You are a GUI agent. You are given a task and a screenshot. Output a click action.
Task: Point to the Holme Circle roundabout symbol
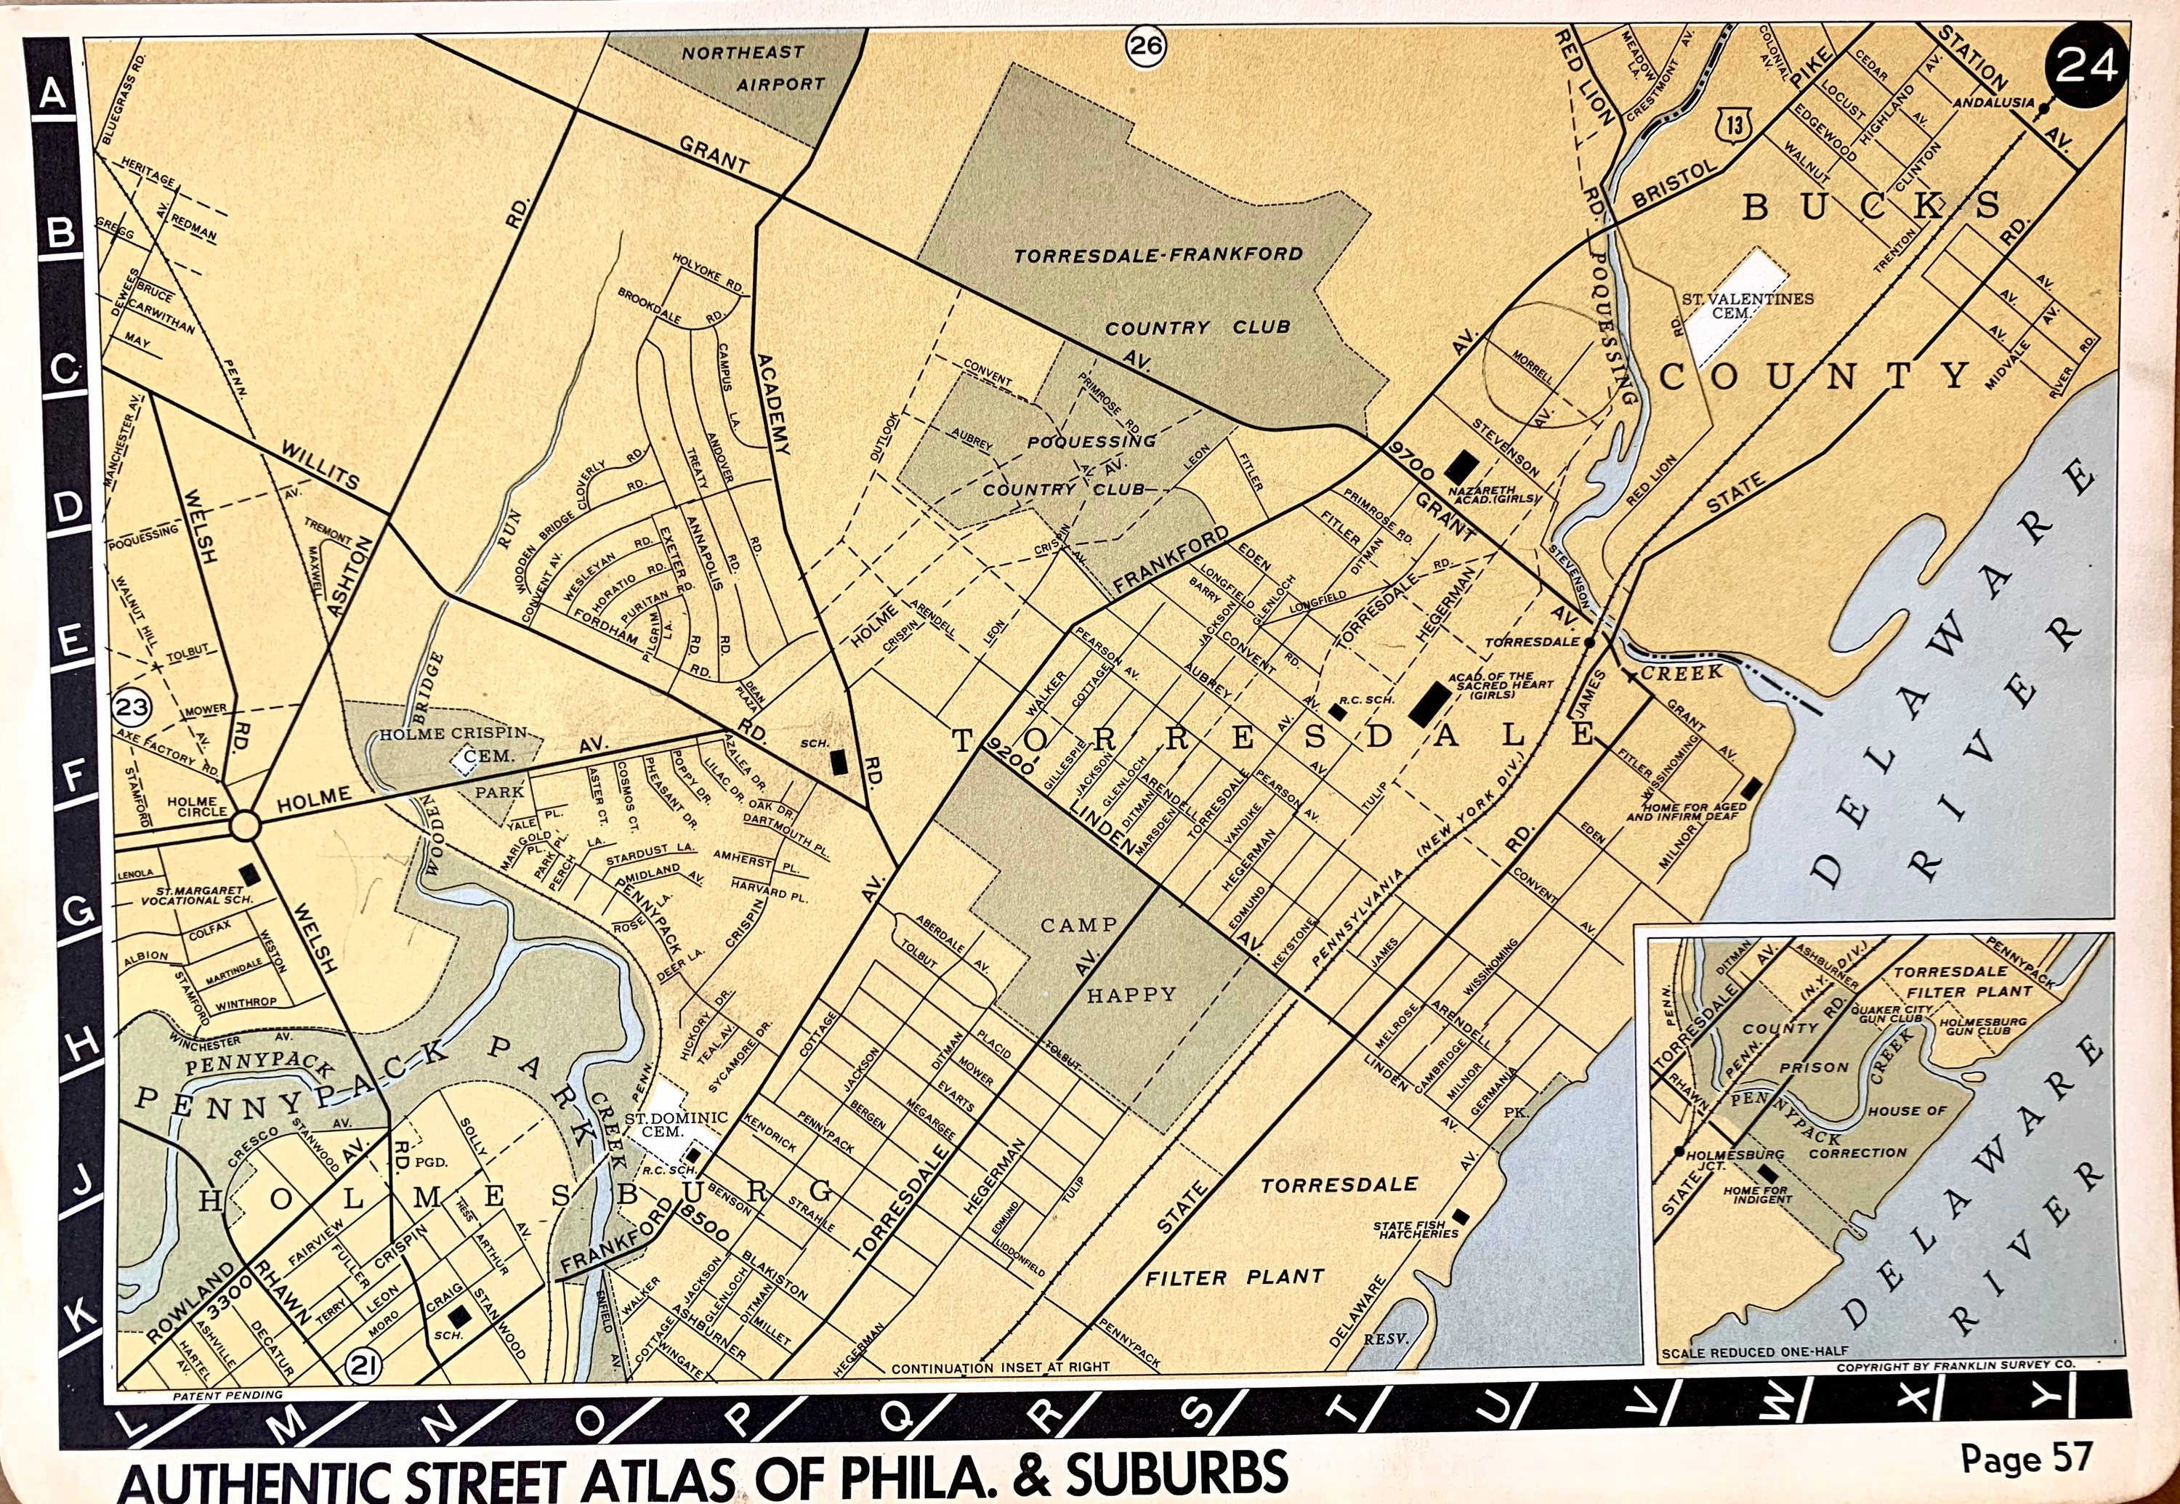point(245,825)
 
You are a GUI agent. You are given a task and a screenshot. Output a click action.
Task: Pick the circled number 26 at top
point(1146,47)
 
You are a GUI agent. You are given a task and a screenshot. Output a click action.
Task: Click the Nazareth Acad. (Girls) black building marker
point(1464,464)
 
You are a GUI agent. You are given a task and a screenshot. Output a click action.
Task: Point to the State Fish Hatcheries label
point(1416,1230)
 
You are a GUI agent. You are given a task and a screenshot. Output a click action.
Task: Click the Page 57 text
point(2027,1459)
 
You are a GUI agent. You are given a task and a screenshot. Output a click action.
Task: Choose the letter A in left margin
point(54,94)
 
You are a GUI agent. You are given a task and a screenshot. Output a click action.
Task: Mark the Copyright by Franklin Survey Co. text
point(1955,1365)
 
